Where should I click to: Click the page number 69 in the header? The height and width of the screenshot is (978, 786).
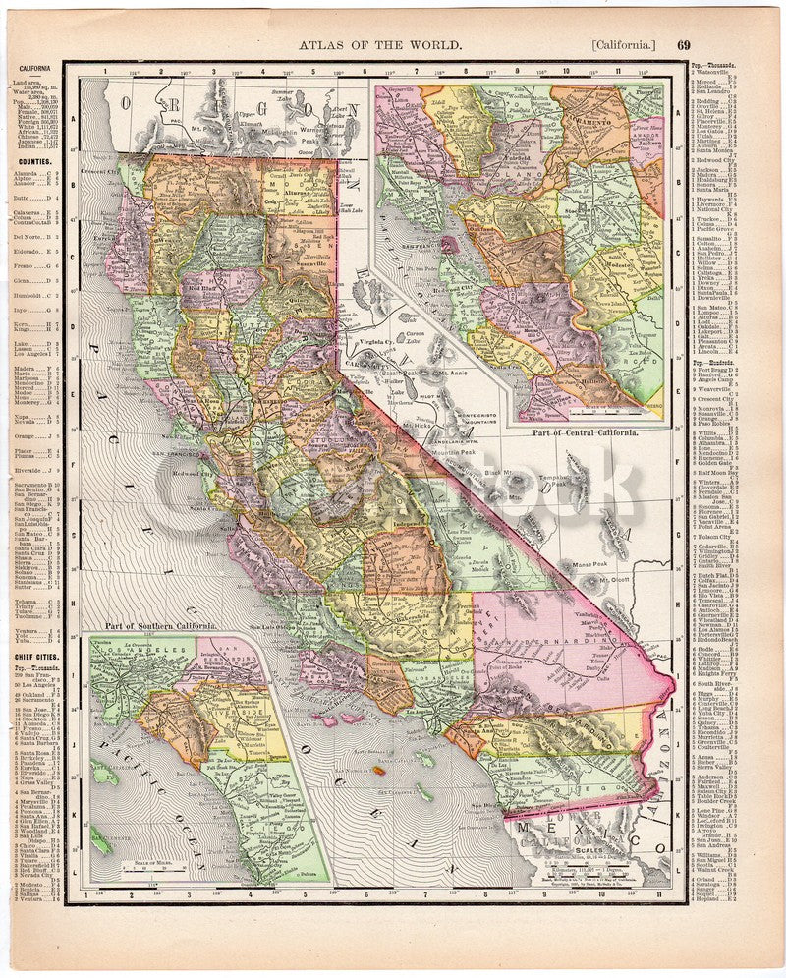tap(683, 44)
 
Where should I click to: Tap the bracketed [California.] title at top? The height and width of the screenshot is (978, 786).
tap(624, 44)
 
